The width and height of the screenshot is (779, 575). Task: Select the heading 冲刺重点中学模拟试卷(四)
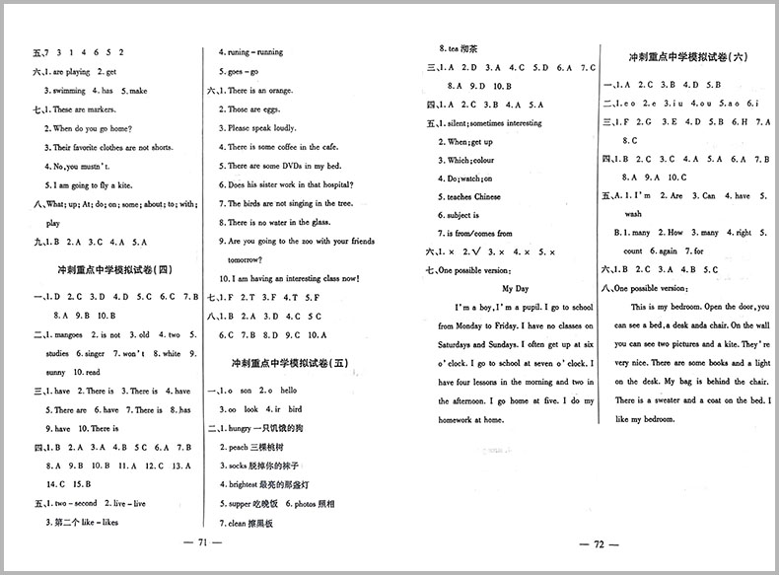coord(110,268)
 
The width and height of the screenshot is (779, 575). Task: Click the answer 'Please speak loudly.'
coord(261,128)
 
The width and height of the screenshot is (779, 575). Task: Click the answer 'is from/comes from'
coord(479,234)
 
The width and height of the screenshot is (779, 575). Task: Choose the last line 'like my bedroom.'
coord(644,419)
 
